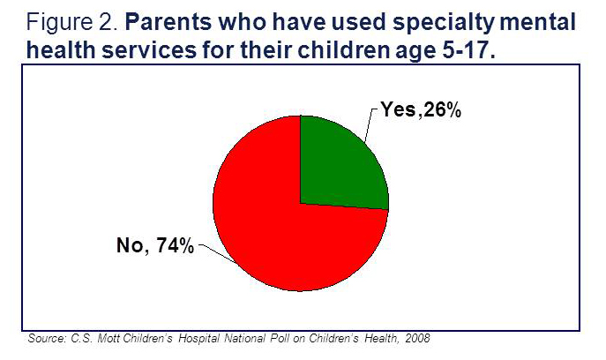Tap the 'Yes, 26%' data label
pos(422,111)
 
